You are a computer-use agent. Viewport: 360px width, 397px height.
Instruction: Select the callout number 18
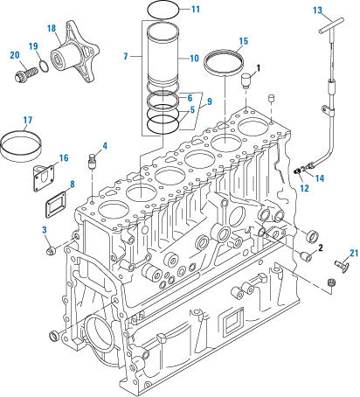[52, 29]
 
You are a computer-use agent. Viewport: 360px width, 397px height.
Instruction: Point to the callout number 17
[27, 120]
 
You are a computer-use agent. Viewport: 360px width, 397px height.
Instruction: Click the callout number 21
[353, 254]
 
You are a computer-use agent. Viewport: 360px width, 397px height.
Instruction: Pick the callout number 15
[243, 40]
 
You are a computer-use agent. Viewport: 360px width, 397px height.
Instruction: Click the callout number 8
[71, 185]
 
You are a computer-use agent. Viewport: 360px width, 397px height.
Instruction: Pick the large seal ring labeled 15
[225, 66]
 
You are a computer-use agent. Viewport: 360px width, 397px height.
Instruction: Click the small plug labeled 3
[50, 253]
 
